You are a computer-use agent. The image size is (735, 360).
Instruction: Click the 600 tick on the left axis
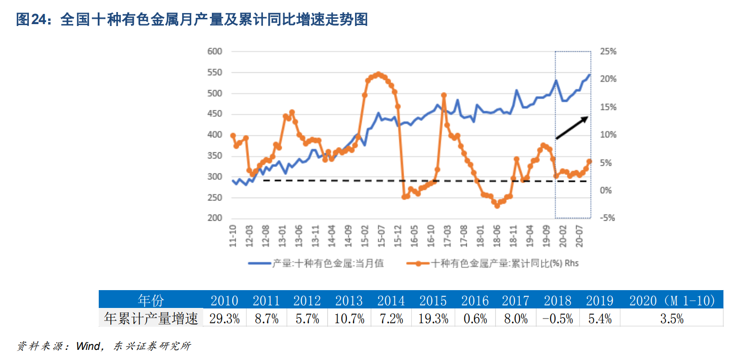coord(214,52)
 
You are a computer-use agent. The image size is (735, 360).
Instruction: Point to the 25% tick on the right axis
coord(608,52)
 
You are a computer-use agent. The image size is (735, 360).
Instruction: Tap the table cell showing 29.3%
coord(224,319)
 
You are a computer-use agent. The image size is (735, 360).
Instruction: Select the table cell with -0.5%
coord(558,319)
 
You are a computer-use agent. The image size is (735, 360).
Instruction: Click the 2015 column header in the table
coord(433,301)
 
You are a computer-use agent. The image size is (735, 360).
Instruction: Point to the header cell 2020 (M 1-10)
coord(672,301)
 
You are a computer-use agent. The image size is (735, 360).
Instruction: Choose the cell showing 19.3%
coord(433,319)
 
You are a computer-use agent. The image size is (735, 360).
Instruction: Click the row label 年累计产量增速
coord(151,319)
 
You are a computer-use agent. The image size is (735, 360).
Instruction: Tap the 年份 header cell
coord(151,301)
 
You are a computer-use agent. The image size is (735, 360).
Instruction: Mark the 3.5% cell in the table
coord(672,319)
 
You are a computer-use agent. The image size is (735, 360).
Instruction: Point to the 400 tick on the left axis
coord(214,135)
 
